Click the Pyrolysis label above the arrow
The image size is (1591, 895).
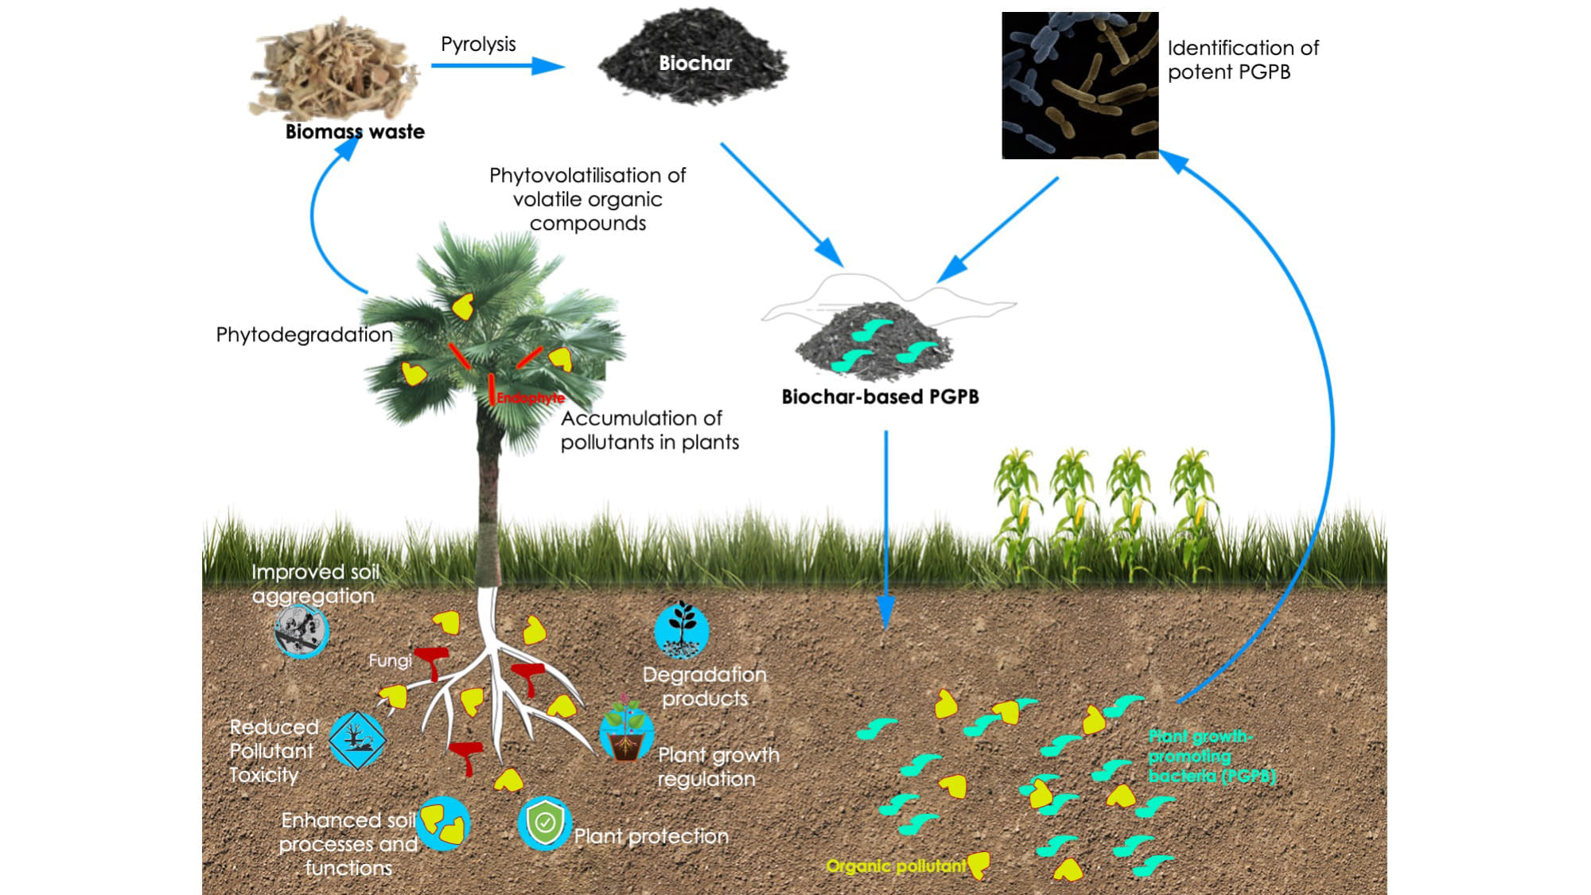[x=478, y=44]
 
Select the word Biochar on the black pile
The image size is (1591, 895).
[x=694, y=63]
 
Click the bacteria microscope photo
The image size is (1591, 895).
[x=1079, y=85]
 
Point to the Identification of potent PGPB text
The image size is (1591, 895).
[x=1242, y=60]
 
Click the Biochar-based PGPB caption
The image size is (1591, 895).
[x=880, y=396]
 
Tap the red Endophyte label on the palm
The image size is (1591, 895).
[x=531, y=397]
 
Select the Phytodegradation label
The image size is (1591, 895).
[x=304, y=334]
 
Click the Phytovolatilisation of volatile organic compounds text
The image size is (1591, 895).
[x=587, y=199]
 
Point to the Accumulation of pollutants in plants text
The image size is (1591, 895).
[x=649, y=430]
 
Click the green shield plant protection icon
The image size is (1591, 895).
[x=545, y=823]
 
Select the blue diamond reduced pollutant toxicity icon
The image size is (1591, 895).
[x=357, y=740]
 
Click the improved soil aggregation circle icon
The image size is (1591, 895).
[x=301, y=631]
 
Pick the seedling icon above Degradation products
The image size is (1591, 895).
[x=682, y=629]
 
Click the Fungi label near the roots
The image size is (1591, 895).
[x=390, y=660]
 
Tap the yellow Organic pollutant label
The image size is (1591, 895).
[x=896, y=866]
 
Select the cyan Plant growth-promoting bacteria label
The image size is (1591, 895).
[x=1211, y=756]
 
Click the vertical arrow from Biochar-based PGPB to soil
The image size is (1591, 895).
[x=885, y=525]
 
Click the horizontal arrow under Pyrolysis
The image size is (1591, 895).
[x=497, y=65]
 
